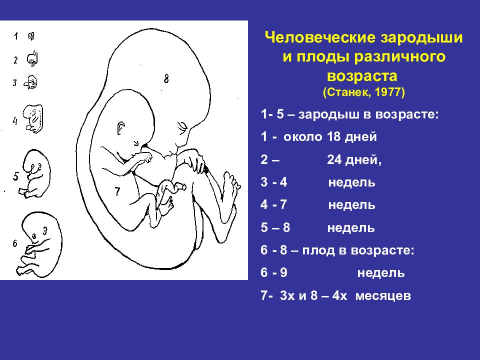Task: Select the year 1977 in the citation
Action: coord(391,93)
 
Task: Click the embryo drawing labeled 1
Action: coord(31,36)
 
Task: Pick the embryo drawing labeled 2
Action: coord(32,59)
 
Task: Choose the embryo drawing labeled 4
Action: coord(34,118)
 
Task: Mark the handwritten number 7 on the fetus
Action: coord(117,191)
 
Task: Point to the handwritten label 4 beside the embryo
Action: coord(15,120)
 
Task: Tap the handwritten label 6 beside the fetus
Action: coord(15,243)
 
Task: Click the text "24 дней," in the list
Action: coord(354,160)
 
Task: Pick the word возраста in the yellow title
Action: coord(363,76)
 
